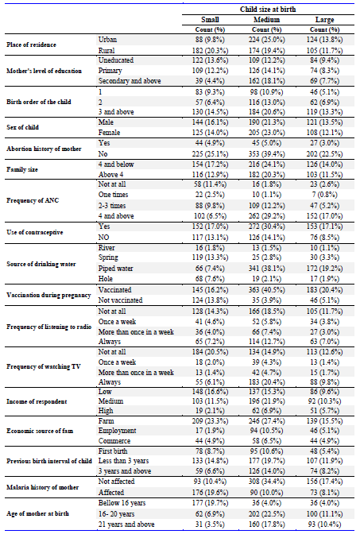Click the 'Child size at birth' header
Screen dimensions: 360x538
coord(268,10)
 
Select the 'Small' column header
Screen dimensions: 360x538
coord(210,20)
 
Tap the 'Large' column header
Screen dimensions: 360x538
coord(324,20)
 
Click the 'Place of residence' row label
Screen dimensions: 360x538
coord(31,45)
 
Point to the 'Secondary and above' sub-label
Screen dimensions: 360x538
coord(130,81)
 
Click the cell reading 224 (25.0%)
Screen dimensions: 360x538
coord(267,40)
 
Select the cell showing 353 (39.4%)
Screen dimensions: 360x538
coord(267,153)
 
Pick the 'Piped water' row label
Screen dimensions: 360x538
coord(116,269)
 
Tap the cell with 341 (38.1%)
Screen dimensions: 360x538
coord(267,269)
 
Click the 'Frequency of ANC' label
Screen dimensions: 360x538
coord(33,200)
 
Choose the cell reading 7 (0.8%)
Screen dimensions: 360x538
coord(324,195)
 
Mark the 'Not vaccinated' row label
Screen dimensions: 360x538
coord(120,300)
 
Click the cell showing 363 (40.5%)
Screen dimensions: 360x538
coord(267,290)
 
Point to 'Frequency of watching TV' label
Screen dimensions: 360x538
coord(44,366)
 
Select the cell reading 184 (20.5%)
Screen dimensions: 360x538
coord(210,352)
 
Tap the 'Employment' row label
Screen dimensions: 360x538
coord(117,431)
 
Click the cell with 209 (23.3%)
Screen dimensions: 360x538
coord(210,421)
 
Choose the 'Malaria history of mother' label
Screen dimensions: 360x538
coord(43,487)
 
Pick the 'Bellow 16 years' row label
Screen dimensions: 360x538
coord(122,503)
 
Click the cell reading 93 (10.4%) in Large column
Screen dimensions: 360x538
coord(324,524)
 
